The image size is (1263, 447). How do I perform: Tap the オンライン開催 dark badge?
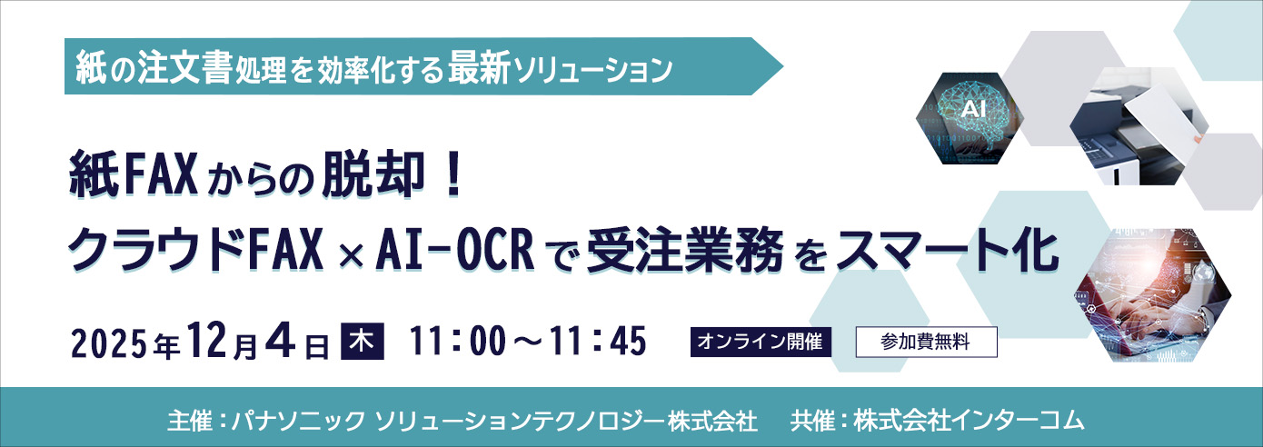tap(761, 343)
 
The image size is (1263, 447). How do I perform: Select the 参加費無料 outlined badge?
tap(926, 343)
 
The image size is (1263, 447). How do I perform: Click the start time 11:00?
tap(460, 343)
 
